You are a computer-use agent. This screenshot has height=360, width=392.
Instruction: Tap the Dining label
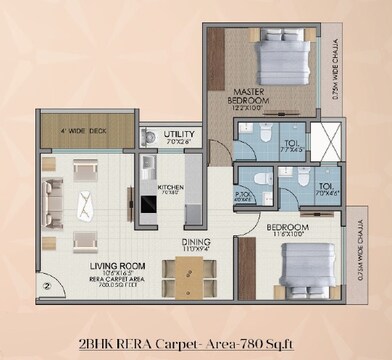click(x=196, y=242)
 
